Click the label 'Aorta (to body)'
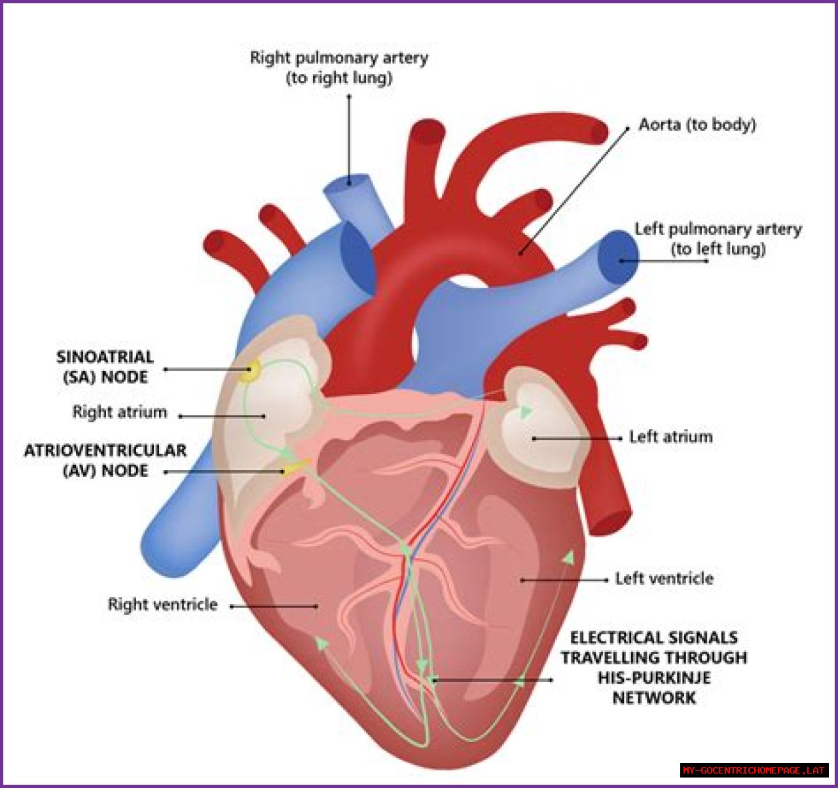pyautogui.click(x=697, y=124)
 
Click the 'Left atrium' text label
pyautogui.click(x=670, y=437)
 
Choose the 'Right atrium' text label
pyautogui.click(x=119, y=412)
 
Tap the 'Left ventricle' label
pyautogui.click(x=664, y=579)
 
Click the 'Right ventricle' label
pyautogui.click(x=162, y=604)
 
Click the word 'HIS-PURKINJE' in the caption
pyautogui.click(x=653, y=677)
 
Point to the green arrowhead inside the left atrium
pyautogui.click(x=524, y=412)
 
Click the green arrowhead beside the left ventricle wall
pyautogui.click(x=569, y=558)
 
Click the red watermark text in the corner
pyautogui.click(x=754, y=770)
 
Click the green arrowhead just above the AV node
pyautogui.click(x=286, y=454)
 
